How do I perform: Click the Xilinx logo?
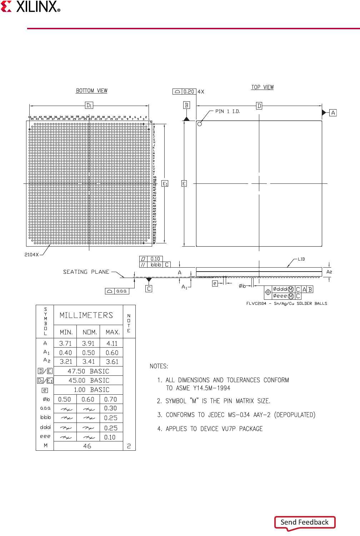point(31,7)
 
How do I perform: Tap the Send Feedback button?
point(305,522)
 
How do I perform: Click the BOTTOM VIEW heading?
point(91,91)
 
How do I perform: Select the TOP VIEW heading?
point(262,87)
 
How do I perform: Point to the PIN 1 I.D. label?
point(227,111)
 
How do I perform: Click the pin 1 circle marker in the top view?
point(200,124)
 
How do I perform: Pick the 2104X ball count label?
point(31,254)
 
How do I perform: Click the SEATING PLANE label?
point(86,272)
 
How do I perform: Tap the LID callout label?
point(301,259)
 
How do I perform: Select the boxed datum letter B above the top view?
point(186,105)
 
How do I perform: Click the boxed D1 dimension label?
point(89,105)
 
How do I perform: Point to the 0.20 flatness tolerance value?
point(189,92)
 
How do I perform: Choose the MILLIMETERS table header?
point(86,315)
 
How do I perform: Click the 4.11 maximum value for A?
point(112,344)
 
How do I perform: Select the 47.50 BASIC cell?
point(88,371)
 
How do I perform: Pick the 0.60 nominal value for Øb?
point(88,399)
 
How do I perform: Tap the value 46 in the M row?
point(87,446)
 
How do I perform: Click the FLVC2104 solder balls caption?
point(286,303)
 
